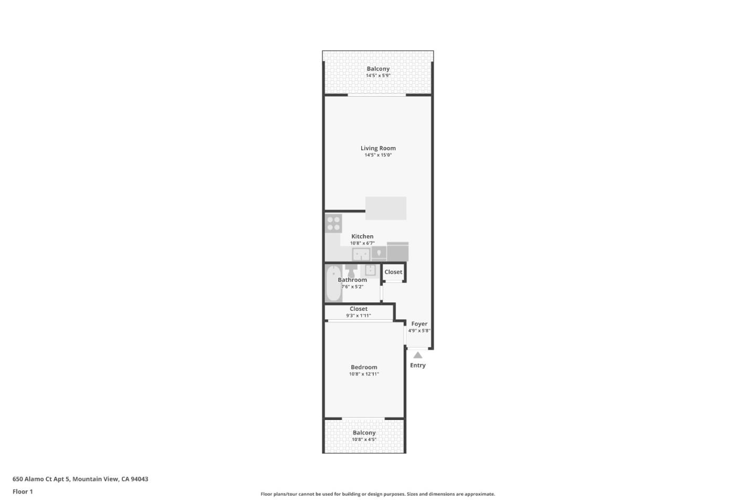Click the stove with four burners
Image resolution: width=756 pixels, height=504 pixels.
coord(333,223)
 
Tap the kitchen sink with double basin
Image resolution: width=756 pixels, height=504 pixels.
coord(361,255)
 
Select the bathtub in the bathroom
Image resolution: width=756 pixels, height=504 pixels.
coord(333,283)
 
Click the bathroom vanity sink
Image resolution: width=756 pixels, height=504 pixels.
coord(370,270)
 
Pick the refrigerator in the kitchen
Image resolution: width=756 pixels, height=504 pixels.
coord(397,251)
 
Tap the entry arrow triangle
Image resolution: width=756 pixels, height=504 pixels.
coord(418,355)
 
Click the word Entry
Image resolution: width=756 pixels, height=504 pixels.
coord(418,365)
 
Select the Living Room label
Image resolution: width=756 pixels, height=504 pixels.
coord(378,148)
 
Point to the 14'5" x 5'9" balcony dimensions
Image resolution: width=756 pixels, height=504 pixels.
coord(378,76)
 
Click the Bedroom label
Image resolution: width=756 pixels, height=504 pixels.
coord(364,367)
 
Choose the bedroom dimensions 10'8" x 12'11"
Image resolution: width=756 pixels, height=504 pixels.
coord(364,374)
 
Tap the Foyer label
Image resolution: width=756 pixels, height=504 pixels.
coord(419,324)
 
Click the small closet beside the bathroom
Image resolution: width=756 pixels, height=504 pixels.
coord(393,272)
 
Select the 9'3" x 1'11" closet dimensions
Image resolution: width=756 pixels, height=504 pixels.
coord(359,316)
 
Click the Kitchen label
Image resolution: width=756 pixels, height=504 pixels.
coord(362,236)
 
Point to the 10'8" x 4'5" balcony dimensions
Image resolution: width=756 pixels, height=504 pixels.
coord(364,439)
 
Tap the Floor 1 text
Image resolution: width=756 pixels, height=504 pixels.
coord(23,491)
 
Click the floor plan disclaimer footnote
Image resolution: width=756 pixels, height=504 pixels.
coord(377,494)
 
